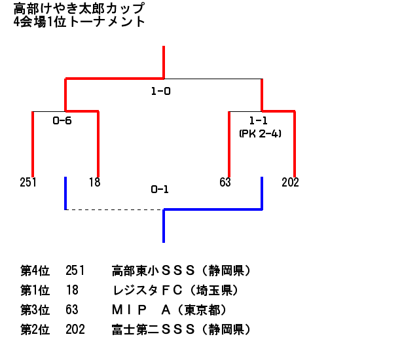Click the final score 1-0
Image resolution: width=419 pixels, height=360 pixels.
160,92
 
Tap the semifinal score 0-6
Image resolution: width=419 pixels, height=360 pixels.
62,120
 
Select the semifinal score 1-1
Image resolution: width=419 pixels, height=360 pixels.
258,120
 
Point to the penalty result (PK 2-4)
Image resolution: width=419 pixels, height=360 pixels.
261,134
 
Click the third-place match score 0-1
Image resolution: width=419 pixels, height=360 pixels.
160,189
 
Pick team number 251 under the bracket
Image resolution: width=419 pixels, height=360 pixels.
28,182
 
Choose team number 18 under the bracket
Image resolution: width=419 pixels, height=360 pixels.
94,182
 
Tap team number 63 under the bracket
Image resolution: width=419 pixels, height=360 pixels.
225,182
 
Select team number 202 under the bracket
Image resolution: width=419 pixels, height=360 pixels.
290,182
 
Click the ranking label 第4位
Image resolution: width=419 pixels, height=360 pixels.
35,270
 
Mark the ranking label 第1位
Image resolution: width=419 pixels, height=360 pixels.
35,291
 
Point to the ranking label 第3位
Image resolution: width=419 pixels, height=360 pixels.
35,310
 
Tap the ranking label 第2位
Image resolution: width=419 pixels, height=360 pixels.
35,329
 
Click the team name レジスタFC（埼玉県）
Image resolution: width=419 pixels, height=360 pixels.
175,291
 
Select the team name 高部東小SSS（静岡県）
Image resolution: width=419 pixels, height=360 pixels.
181,270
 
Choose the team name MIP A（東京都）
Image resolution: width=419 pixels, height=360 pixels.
170,310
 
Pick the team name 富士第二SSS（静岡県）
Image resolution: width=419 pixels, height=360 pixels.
181,329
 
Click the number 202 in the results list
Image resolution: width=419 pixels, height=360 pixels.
75,329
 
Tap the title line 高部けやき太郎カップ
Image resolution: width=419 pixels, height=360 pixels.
79,9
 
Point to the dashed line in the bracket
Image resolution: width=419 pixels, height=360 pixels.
115,209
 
